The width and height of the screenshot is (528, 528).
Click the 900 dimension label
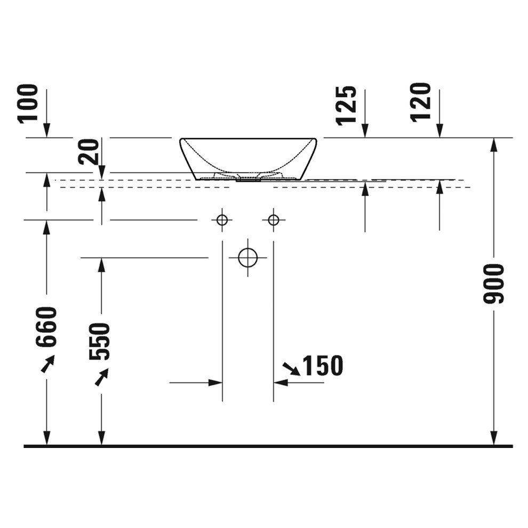[x=494, y=284]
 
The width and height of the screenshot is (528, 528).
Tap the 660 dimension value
[x=46, y=326]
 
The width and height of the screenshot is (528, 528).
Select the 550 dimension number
[x=100, y=341]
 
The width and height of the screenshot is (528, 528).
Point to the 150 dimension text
[x=323, y=365]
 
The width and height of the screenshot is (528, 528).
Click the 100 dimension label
[x=28, y=103]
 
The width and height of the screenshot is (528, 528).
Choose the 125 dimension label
[x=346, y=106]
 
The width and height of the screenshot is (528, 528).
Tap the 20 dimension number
[x=89, y=151]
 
